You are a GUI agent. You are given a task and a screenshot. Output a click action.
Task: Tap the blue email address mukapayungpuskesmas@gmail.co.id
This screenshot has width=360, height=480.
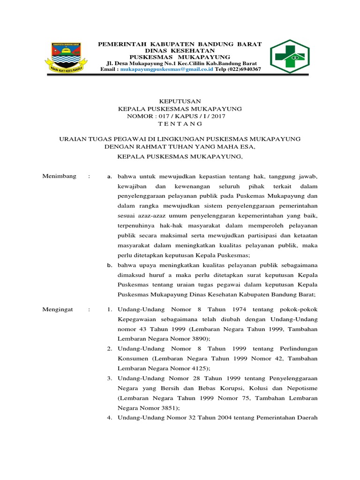[x=167, y=69]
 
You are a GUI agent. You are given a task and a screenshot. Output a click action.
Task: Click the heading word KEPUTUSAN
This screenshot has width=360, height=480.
[x=180, y=101]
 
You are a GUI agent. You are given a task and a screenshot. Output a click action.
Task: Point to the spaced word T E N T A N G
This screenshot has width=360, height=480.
[x=180, y=123]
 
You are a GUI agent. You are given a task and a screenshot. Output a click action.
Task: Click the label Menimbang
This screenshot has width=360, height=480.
[x=59, y=176]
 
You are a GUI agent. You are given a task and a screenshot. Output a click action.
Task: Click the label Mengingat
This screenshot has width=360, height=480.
[x=59, y=310]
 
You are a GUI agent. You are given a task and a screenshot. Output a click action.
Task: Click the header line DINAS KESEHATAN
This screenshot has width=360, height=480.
[x=180, y=50]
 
